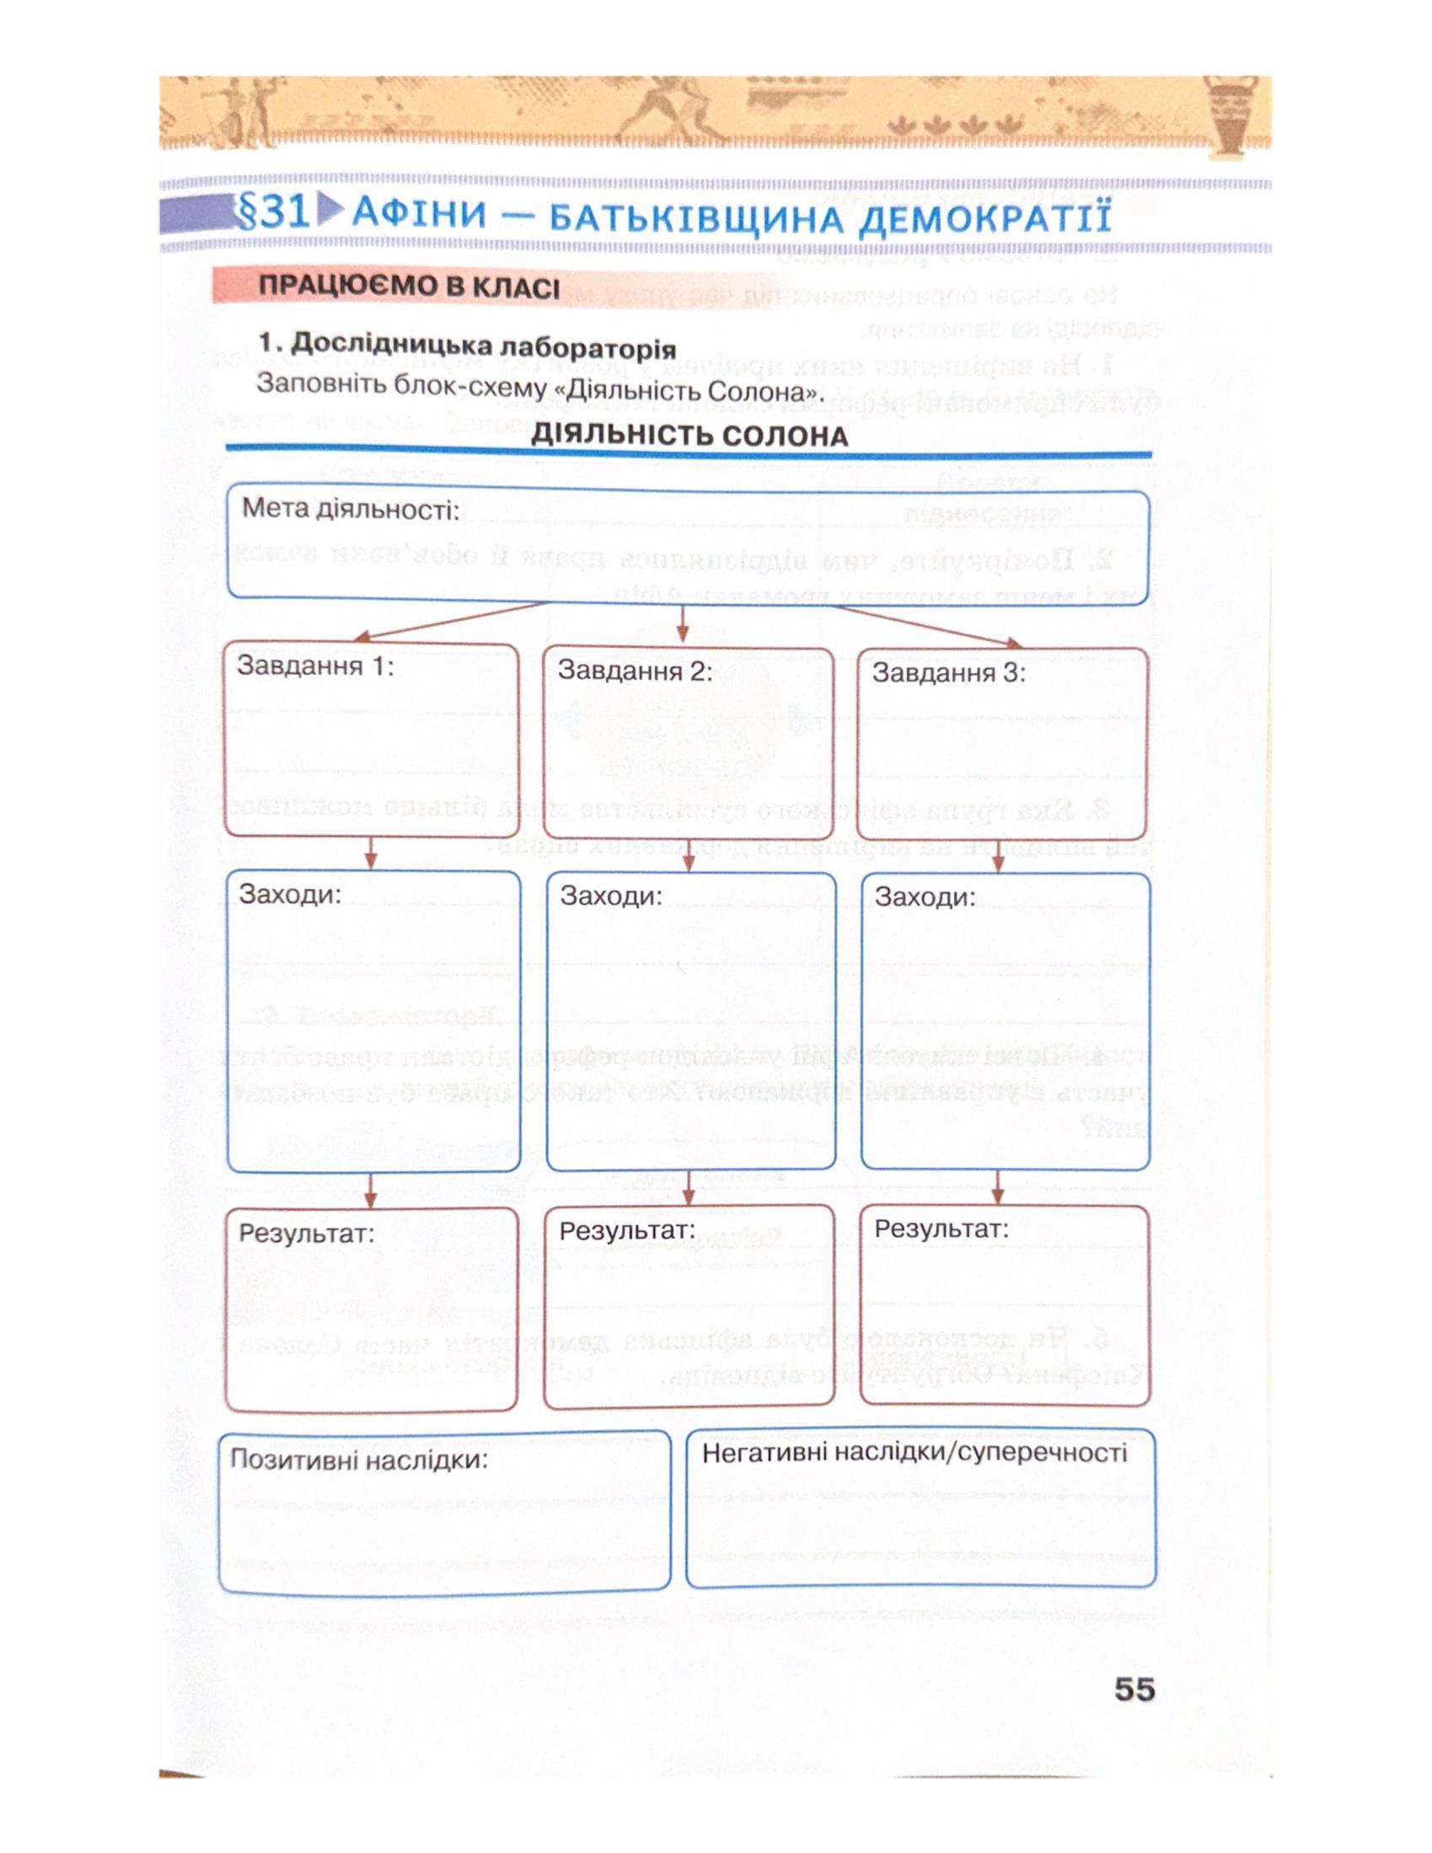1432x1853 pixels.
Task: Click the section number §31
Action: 272,213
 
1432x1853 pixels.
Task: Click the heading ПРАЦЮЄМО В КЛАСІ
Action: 408,287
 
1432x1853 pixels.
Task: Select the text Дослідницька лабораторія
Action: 482,346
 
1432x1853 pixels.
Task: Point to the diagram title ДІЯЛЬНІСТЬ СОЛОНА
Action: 689,436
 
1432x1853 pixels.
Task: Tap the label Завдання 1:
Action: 316,666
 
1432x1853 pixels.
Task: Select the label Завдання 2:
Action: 635,671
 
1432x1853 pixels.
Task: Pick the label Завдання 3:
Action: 949,673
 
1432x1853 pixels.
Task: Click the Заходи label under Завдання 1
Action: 289,894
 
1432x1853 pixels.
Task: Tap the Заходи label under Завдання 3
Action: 925,897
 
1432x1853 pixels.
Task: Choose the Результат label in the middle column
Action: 627,1229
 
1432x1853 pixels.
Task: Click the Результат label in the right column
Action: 941,1228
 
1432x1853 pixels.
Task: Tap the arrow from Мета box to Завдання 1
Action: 450,621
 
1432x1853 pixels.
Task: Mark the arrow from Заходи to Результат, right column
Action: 998,1187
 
